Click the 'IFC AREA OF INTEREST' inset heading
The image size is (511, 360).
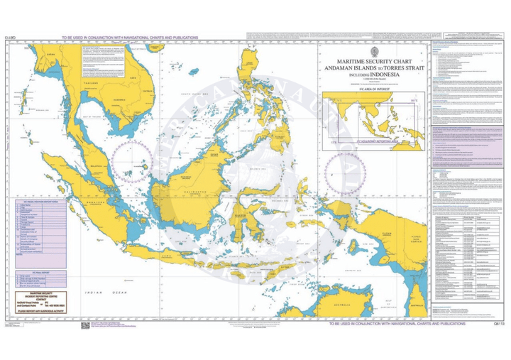point(373,90)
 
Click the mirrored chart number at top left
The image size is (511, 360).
point(10,38)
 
